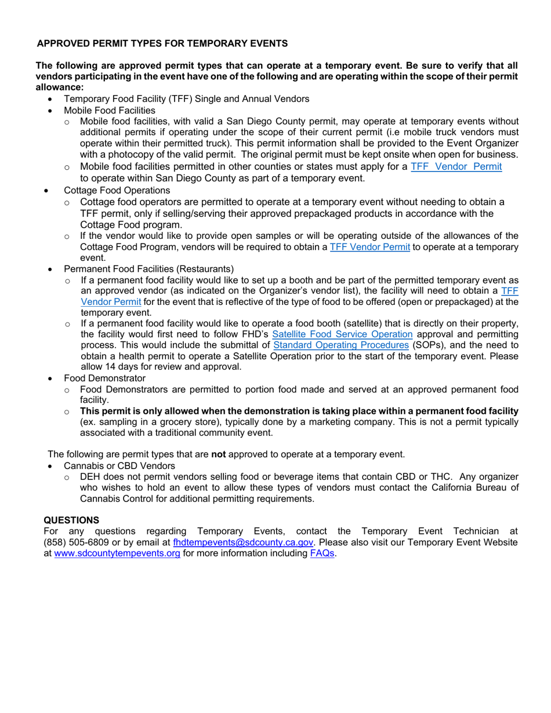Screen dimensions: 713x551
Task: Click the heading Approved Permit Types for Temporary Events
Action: pyautogui.click(x=162, y=43)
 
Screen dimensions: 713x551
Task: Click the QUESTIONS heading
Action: pyautogui.click(x=72, y=520)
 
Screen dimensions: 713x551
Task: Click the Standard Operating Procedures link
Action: pyautogui.click(x=341, y=345)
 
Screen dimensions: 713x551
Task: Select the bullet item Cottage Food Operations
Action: pyautogui.click(x=117, y=190)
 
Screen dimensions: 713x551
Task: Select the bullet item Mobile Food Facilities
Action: pyautogui.click(x=109, y=110)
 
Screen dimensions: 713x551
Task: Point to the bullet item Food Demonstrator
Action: pyautogui.click(x=104, y=378)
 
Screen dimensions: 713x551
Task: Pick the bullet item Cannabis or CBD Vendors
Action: pyautogui.click(x=119, y=465)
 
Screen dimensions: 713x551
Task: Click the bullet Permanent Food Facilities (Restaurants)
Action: pyautogui.click(x=148, y=269)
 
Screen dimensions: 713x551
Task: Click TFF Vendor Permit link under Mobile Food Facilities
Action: pyautogui.click(x=456, y=167)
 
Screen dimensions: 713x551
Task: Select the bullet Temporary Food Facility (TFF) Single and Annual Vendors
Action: pyautogui.click(x=186, y=99)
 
